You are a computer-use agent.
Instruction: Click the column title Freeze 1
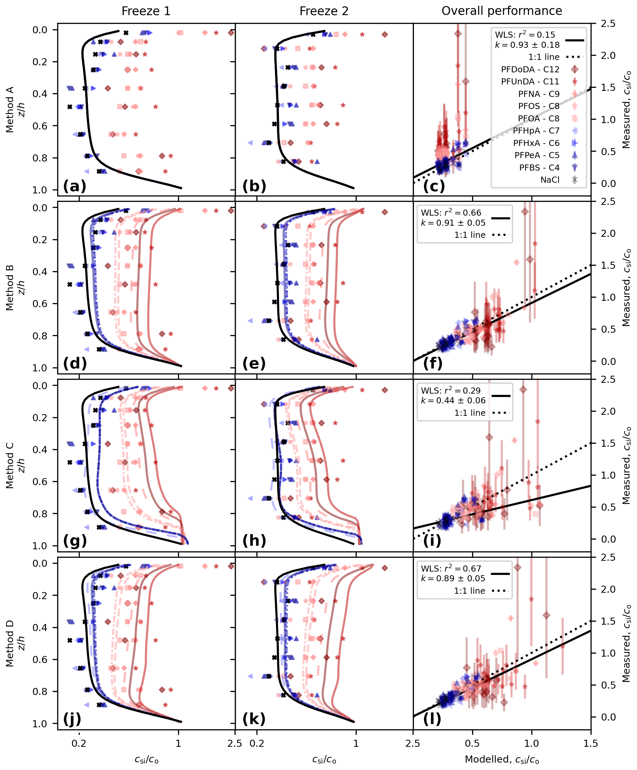[x=146, y=11]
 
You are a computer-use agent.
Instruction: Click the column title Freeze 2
[x=324, y=11]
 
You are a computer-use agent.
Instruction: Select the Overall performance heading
[x=501, y=11]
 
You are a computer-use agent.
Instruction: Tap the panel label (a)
[x=74, y=186]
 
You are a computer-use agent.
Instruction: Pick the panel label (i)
[x=432, y=541]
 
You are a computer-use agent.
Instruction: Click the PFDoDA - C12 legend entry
[x=530, y=69]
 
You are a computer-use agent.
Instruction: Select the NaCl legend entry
[x=550, y=180]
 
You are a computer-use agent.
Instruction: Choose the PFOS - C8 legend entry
[x=538, y=106]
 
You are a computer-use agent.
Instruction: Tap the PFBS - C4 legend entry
[x=539, y=168]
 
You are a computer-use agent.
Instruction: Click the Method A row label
[x=9, y=109]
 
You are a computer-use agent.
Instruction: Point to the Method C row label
[x=9, y=465]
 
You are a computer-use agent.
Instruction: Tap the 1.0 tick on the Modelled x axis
[x=531, y=744]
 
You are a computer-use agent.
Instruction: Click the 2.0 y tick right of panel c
[x=608, y=56]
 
